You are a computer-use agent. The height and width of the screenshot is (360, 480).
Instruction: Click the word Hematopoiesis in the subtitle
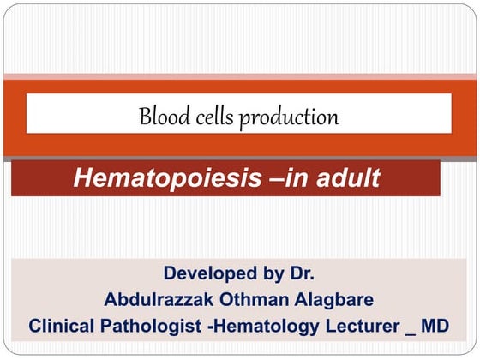pos(158,178)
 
